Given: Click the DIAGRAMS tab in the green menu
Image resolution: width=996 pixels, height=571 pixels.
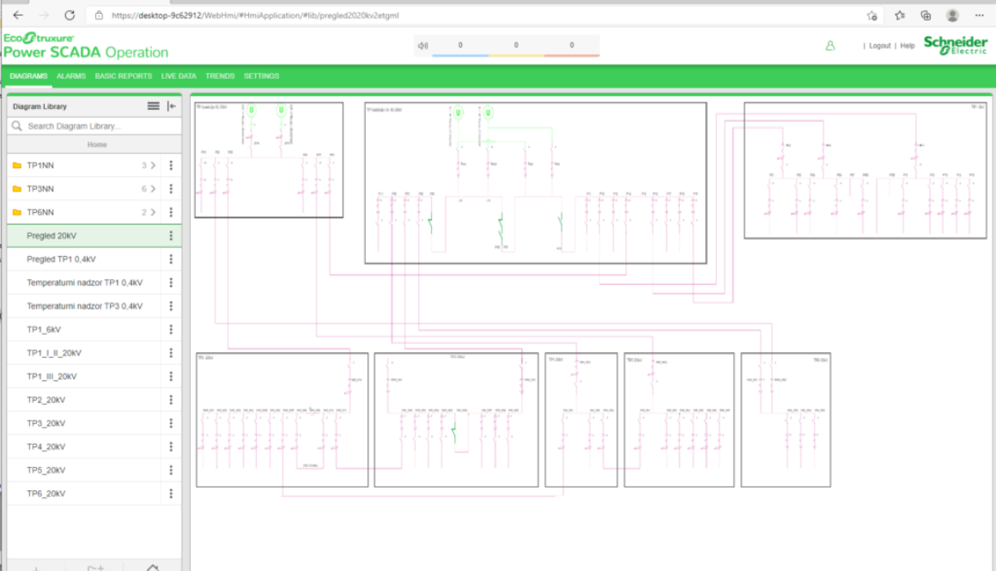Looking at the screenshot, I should click(x=28, y=76).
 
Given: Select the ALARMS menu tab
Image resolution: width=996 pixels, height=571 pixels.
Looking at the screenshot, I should click(x=71, y=76).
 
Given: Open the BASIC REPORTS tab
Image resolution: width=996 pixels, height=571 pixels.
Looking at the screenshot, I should click(x=123, y=76).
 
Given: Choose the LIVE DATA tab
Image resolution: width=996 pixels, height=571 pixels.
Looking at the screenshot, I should click(x=179, y=76).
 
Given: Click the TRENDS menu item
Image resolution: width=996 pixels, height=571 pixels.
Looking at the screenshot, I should click(x=220, y=76).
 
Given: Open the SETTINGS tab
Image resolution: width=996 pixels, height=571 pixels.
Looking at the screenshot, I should click(x=261, y=76).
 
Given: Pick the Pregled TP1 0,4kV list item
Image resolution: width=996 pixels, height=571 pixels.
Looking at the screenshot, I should click(x=61, y=259).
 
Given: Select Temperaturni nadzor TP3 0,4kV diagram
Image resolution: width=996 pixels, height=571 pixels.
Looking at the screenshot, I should click(x=84, y=307).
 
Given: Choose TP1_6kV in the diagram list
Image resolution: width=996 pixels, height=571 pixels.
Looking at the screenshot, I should click(x=44, y=330).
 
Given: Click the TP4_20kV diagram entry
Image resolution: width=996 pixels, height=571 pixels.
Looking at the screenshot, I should click(x=46, y=447).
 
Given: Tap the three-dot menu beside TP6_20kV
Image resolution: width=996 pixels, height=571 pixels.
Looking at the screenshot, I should click(x=172, y=494).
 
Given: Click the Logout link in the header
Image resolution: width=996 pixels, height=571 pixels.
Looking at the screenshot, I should click(x=879, y=46).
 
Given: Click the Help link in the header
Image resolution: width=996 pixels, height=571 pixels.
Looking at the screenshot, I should click(x=907, y=46).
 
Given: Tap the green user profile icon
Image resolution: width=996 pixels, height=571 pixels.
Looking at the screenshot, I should click(x=830, y=46).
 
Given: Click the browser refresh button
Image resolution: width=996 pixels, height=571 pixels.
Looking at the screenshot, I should click(x=70, y=15).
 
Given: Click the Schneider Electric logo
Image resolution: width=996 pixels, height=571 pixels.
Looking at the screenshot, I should click(x=955, y=46).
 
